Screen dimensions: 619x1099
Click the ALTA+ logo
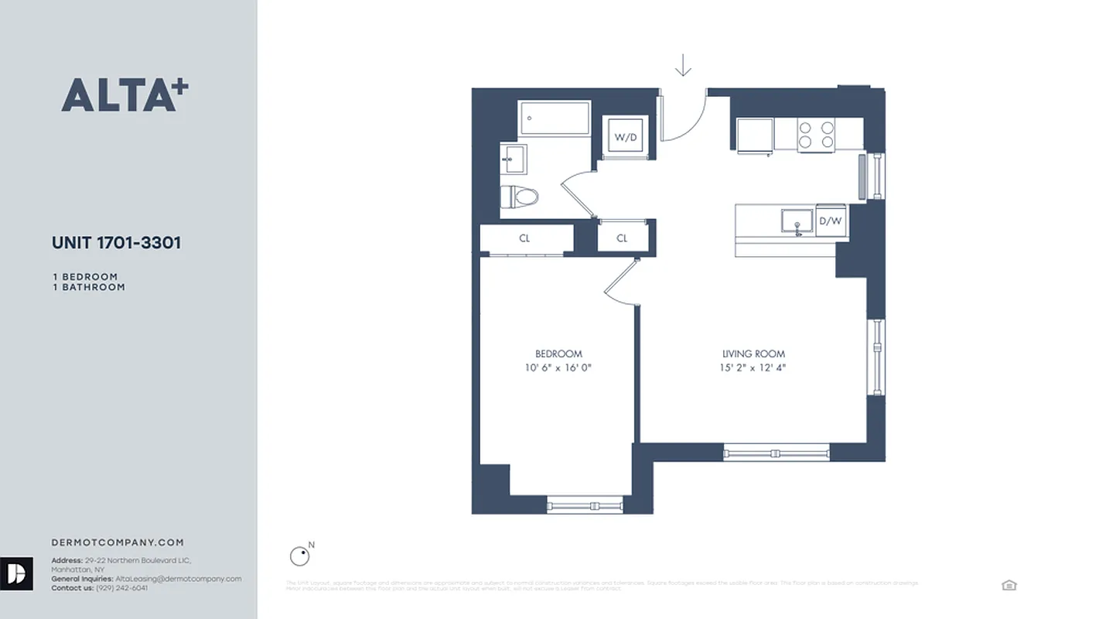[x=125, y=95]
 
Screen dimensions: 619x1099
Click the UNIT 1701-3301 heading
[x=116, y=242]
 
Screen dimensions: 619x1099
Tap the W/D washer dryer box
[x=626, y=138]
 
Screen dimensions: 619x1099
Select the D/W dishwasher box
[x=830, y=221]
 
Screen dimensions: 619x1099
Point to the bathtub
[x=555, y=118]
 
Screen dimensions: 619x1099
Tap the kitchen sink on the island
[x=796, y=221]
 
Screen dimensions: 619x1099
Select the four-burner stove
[x=817, y=135]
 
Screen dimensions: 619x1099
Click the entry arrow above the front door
[x=682, y=66]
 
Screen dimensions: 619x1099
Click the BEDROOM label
[x=558, y=354]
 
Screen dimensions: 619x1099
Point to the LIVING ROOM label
[x=753, y=354]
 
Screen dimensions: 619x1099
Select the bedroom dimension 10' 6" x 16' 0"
[x=558, y=368]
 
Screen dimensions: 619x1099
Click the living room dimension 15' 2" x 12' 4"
[x=753, y=368]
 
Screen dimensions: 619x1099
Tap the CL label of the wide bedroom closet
[x=524, y=238]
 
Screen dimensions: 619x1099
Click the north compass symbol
[x=299, y=556]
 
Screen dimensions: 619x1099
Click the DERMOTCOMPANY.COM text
[x=118, y=542]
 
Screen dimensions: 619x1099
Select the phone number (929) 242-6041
[x=121, y=588]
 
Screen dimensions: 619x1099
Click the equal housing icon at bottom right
[x=1009, y=585]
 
